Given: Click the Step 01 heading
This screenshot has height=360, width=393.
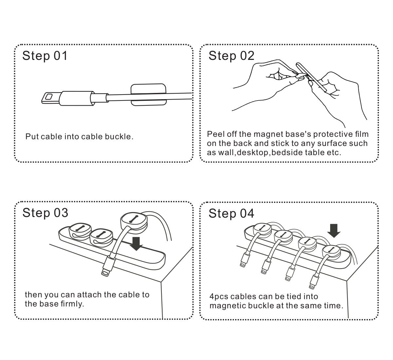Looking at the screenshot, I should [x=45, y=56].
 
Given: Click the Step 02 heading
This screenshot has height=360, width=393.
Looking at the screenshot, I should [x=231, y=56].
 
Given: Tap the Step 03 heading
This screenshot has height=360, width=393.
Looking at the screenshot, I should [x=45, y=213].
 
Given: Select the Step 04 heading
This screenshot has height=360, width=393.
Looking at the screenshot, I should [x=231, y=214].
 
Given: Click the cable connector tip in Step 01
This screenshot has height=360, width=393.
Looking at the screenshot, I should [x=48, y=97].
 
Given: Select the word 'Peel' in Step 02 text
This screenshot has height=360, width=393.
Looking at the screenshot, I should [x=215, y=134].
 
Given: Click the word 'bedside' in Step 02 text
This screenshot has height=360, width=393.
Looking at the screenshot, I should [x=287, y=153].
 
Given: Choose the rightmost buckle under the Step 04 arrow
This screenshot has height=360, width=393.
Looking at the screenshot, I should [x=331, y=253].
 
